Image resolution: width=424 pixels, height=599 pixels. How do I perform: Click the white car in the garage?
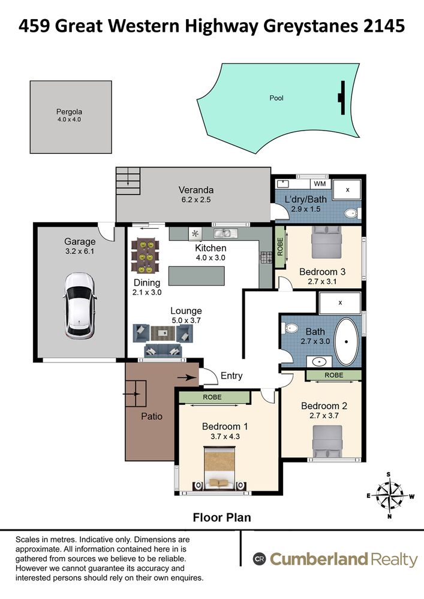coord(79,305)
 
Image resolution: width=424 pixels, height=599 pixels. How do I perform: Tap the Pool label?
coord(276,98)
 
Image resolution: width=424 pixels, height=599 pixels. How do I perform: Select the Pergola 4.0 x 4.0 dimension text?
coord(69,120)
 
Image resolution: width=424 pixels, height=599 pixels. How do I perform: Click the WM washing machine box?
coord(320,184)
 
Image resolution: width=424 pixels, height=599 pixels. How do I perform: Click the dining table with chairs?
coord(145,256)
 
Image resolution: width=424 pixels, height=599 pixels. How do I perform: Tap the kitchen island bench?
coord(196,276)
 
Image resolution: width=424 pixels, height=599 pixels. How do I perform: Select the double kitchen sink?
coord(225,233)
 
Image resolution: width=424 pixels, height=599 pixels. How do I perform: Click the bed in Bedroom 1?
coord(219,468)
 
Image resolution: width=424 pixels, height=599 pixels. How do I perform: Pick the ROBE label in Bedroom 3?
coord(280,247)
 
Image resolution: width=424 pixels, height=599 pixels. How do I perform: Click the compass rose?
coord(389,496)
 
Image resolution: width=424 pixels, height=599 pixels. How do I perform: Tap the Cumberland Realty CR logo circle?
coord(259,559)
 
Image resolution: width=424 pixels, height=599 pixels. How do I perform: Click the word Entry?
coord(231,376)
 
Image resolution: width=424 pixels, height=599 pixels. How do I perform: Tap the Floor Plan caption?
coord(222,518)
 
